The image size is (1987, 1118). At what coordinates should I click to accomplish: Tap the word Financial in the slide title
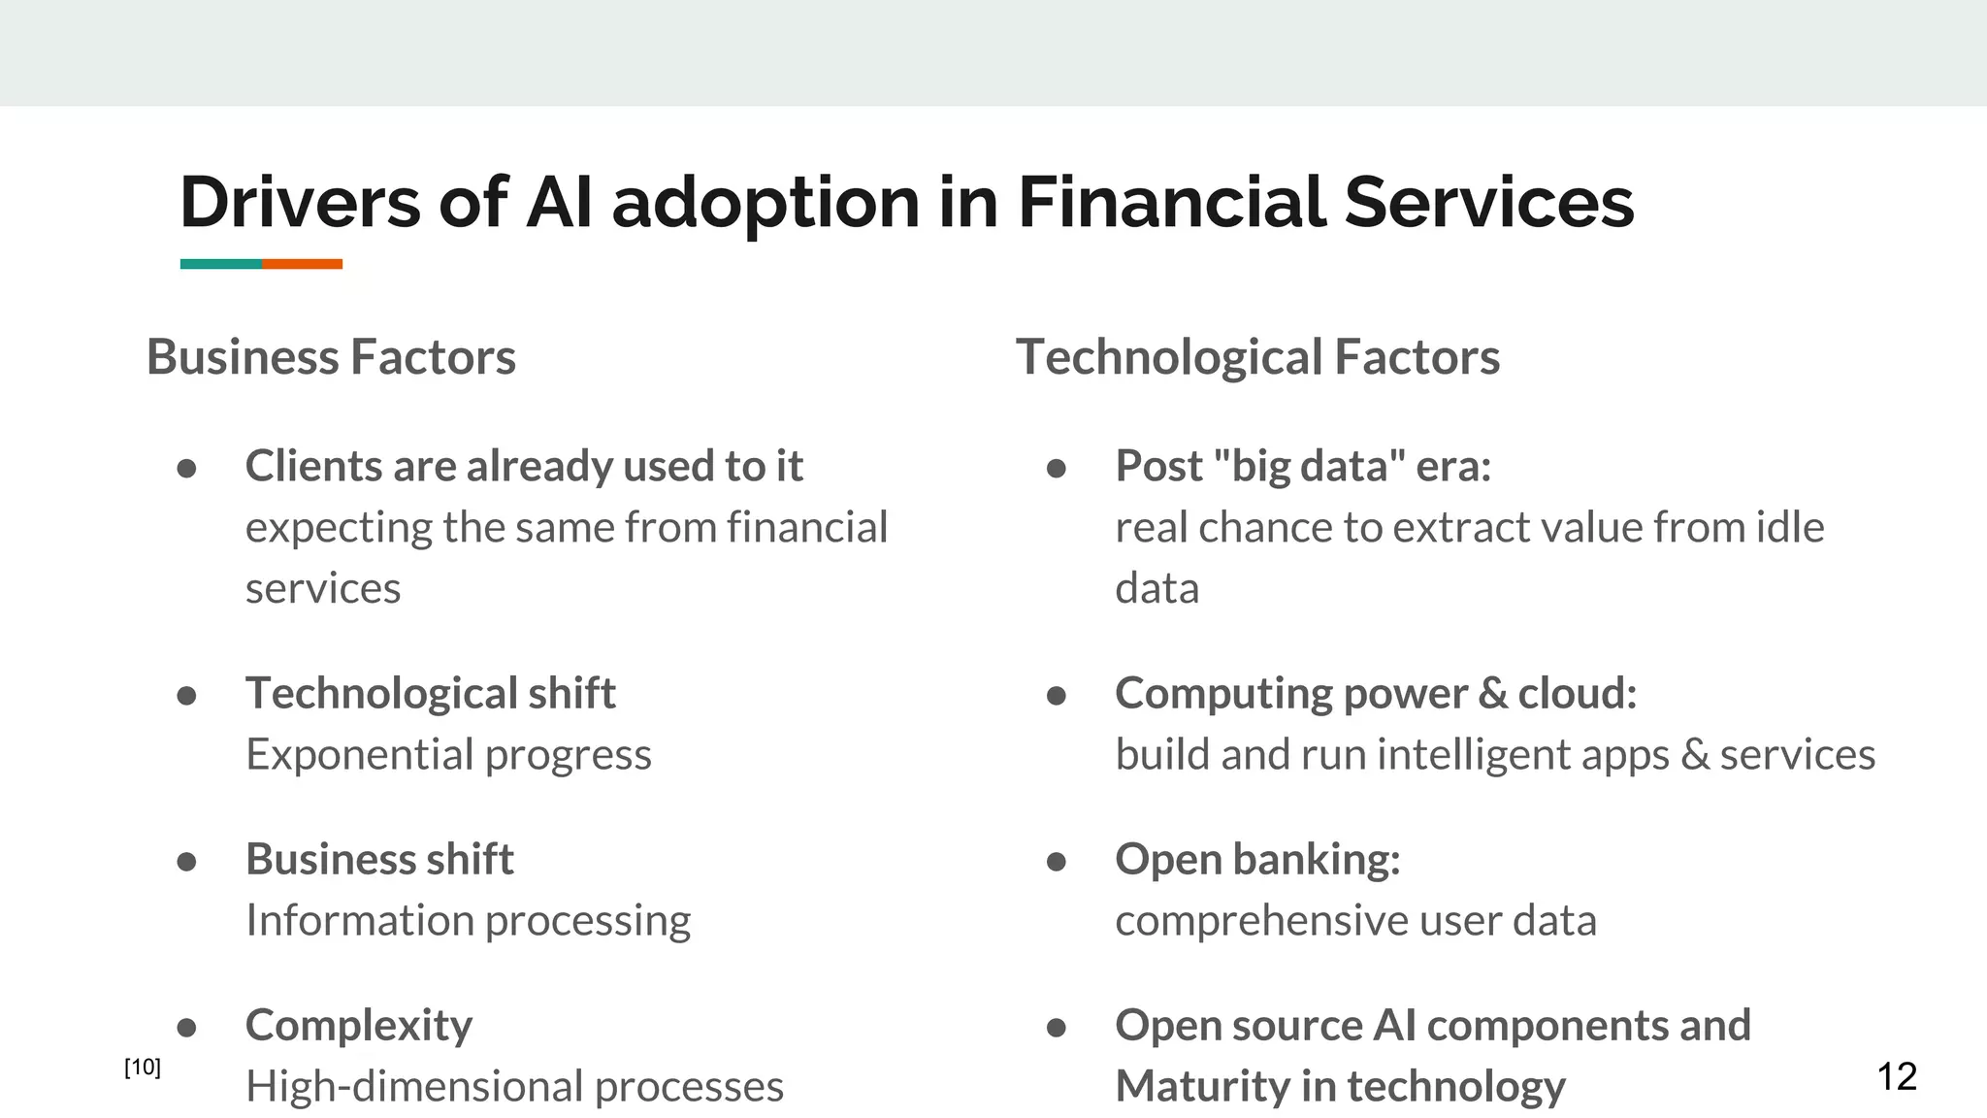tap(1170, 202)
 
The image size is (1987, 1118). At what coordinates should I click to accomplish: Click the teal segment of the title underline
tap(221, 264)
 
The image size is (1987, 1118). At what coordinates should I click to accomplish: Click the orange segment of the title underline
tap(302, 264)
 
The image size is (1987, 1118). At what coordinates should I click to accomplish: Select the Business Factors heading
tap(331, 356)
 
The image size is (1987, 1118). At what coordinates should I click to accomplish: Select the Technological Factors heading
tap(1257, 356)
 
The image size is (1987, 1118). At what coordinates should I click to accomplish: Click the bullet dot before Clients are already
tap(187, 469)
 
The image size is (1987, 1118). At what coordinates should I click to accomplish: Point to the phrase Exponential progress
tap(448, 754)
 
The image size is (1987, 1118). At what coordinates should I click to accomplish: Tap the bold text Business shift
tap(379, 859)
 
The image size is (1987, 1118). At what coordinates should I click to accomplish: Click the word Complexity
tap(359, 1025)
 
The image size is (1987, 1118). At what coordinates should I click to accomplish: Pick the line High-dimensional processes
tap(514, 1086)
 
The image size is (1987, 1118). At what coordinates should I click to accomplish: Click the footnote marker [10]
tap(143, 1068)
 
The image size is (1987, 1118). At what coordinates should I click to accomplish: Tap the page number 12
tap(1897, 1076)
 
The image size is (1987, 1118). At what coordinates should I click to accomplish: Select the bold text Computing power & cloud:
tap(1376, 693)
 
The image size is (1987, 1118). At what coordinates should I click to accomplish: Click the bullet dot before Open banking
tap(1057, 862)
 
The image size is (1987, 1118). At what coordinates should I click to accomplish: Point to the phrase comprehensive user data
tap(1355, 920)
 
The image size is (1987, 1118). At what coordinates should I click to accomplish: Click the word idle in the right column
tap(1790, 527)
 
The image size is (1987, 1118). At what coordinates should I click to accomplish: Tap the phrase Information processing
tap(468, 920)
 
